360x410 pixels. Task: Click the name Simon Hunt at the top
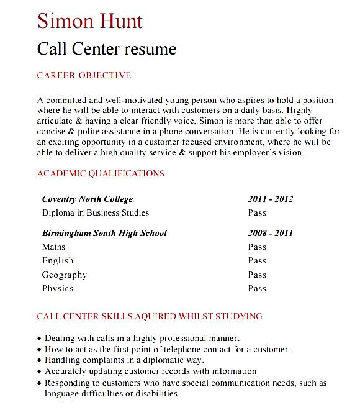click(x=90, y=20)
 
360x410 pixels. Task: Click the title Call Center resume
click(x=107, y=48)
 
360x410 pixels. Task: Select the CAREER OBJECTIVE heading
click(x=84, y=76)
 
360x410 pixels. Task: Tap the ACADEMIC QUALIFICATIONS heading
click(x=101, y=174)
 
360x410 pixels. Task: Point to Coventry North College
click(x=88, y=199)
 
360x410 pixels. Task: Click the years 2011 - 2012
click(x=270, y=199)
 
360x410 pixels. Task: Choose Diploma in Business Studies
click(x=96, y=212)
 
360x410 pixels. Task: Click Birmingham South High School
click(x=104, y=234)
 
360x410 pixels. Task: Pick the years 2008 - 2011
click(x=270, y=234)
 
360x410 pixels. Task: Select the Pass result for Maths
click(x=257, y=247)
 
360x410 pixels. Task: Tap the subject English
click(x=58, y=261)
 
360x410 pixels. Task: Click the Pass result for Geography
click(x=257, y=275)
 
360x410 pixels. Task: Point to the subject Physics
click(x=58, y=288)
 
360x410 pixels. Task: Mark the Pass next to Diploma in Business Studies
click(x=257, y=212)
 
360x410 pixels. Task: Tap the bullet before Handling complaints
click(x=40, y=361)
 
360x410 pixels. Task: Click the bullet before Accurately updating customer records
click(x=40, y=371)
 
